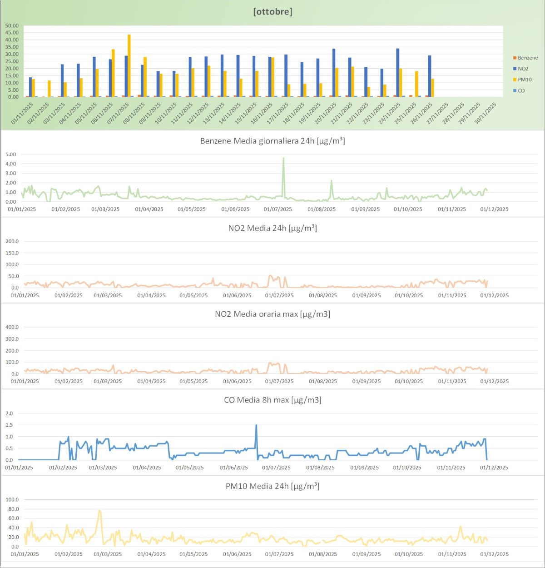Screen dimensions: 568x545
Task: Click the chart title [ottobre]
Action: click(272, 11)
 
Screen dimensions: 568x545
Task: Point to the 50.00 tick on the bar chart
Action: click(12, 26)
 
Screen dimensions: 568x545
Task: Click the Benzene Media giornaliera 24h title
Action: click(272, 141)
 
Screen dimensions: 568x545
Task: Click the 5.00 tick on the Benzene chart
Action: click(11, 154)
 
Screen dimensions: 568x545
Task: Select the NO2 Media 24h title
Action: click(272, 228)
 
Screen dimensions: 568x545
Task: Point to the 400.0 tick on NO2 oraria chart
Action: click(11, 327)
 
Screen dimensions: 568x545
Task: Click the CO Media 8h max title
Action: click(272, 400)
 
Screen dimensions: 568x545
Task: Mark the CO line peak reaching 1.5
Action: click(256, 425)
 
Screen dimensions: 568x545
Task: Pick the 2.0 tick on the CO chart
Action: click(9, 414)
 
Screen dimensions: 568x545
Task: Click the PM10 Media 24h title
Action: click(272, 486)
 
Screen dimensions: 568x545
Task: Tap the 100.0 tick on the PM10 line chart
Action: click(12, 500)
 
